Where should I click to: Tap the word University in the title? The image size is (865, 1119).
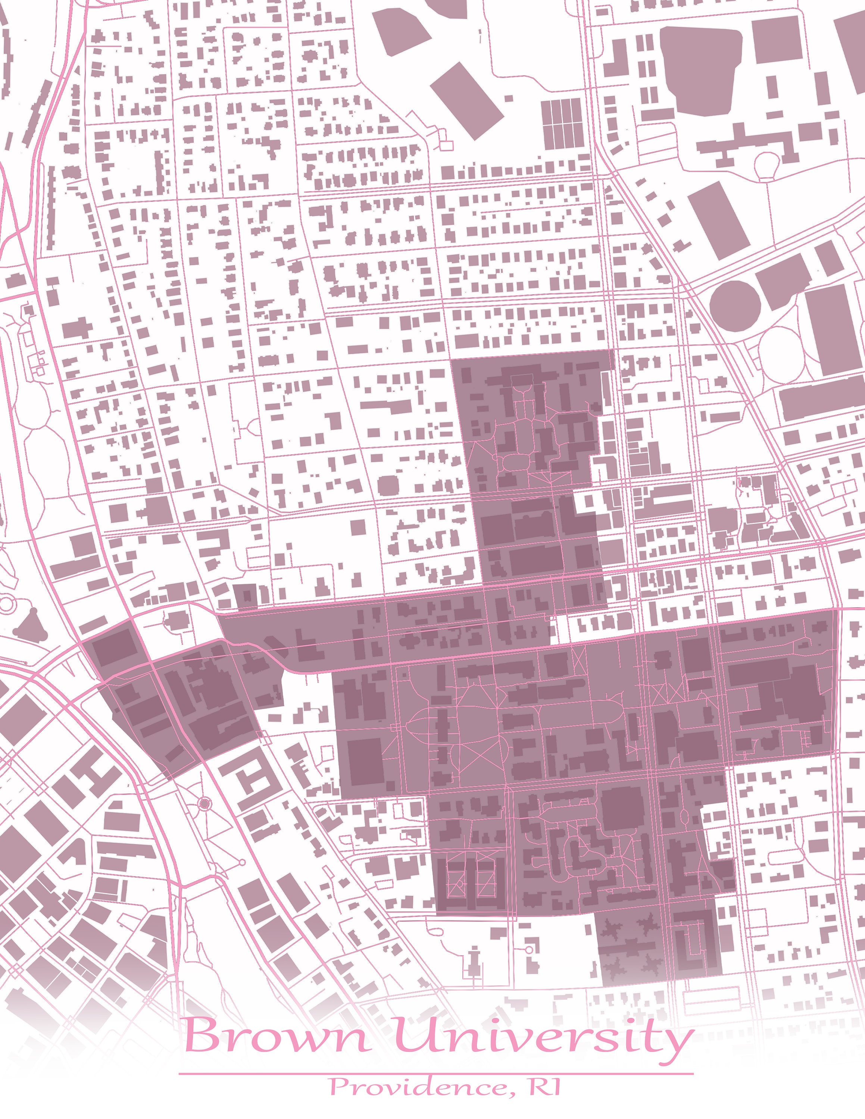point(543,1036)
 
